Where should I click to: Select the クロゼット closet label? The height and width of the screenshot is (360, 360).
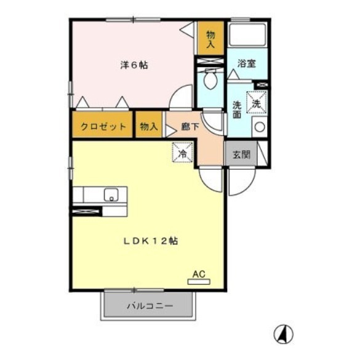pos(103,126)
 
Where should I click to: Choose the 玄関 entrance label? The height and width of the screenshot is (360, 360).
pos(241,154)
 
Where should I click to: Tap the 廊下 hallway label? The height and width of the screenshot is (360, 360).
pos(190,127)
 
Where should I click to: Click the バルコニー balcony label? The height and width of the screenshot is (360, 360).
pos(150,305)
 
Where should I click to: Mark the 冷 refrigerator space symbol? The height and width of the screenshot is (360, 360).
pos(182,152)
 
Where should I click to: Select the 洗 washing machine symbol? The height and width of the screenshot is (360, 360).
pos(257,102)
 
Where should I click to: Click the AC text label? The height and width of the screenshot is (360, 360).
pos(198,273)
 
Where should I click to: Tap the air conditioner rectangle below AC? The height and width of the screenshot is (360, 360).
pos(198,282)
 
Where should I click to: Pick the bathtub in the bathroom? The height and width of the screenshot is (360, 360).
pos(248,35)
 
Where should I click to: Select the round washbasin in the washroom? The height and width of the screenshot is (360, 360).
pos(260,127)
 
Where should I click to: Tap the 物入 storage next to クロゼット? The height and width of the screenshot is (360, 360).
pos(148,126)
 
